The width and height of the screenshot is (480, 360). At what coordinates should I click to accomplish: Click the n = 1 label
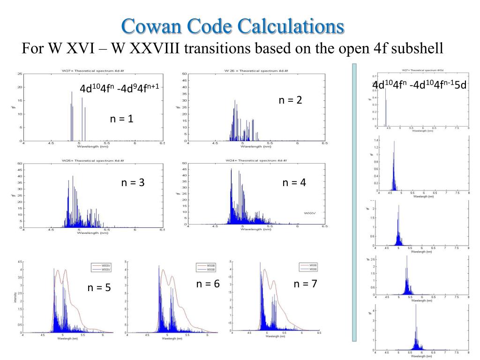pyautogui.click(x=122, y=119)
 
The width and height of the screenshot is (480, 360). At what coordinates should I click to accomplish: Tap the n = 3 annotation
pyautogui.click(x=133, y=183)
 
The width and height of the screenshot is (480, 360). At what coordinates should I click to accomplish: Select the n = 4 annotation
pyautogui.click(x=294, y=183)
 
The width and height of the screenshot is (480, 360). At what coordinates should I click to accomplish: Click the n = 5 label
pyautogui.click(x=99, y=287)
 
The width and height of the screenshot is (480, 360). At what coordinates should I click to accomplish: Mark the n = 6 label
pyautogui.click(x=208, y=284)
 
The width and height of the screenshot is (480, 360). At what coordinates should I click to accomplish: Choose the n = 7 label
pyautogui.click(x=306, y=284)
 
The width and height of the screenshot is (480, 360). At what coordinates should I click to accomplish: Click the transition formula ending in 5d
pyautogui.click(x=420, y=85)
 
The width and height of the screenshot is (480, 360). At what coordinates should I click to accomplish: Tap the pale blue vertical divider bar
pyautogui.click(x=354, y=202)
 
